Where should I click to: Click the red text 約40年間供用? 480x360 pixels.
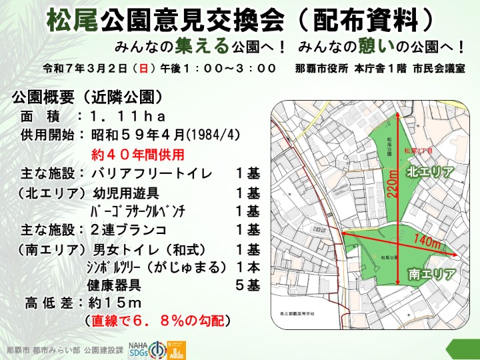[x=137, y=155]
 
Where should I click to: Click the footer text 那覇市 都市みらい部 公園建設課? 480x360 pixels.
[x=65, y=350]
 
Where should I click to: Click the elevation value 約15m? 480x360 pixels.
[x=117, y=303]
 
